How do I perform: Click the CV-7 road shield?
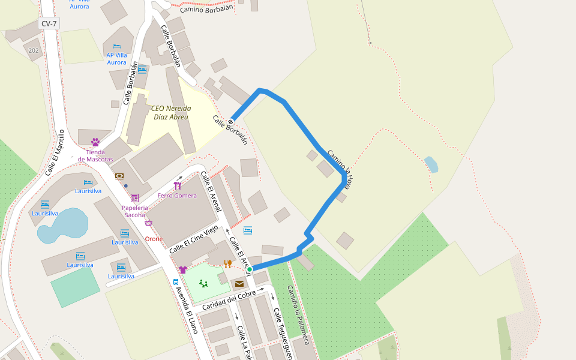(49, 23)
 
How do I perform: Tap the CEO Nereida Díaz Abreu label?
(171, 113)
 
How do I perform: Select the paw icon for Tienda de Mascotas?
(95, 142)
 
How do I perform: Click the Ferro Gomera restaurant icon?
(178, 186)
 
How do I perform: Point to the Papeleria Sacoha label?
(134, 211)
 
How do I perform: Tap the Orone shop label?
(154, 239)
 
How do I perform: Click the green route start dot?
(250, 270)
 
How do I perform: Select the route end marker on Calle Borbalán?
(230, 122)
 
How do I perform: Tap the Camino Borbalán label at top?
(206, 9)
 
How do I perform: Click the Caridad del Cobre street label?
(229, 298)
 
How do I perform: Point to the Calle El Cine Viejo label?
(193, 239)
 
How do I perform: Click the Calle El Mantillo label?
(55, 153)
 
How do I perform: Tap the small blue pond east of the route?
(431, 164)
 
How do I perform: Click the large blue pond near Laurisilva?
(62, 226)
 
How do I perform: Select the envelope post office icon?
(239, 284)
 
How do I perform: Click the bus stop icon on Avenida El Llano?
(176, 281)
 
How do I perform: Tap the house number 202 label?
(34, 50)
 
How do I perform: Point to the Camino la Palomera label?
(298, 314)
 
